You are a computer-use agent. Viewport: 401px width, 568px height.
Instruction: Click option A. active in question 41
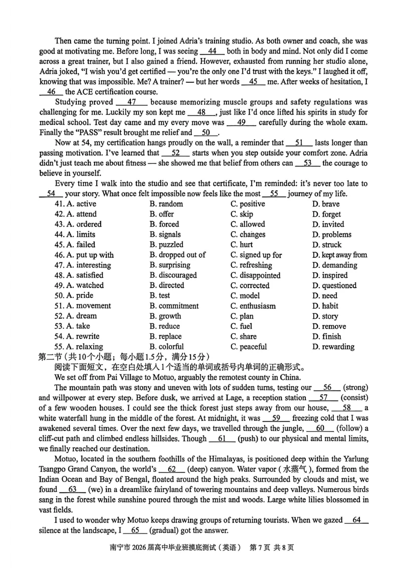pos(75,204)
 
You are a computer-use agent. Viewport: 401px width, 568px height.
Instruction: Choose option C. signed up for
pos(256,255)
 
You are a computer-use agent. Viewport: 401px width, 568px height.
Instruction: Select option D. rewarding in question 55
pos(333,346)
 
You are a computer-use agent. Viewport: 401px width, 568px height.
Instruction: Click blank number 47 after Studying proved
pos(132,102)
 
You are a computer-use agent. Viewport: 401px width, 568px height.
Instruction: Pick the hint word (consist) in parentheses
pos(352,398)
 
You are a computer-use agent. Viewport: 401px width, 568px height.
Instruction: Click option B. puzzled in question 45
pos(167,245)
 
